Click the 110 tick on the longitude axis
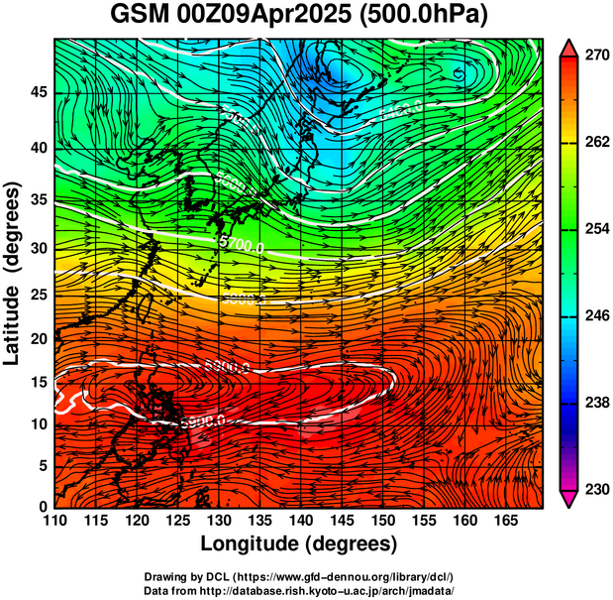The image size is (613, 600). (x=54, y=522)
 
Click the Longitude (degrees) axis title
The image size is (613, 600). (x=299, y=543)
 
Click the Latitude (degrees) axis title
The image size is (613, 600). (x=13, y=273)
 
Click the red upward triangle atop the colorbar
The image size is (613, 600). (x=570, y=47)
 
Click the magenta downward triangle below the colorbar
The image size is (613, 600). (x=570, y=499)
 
